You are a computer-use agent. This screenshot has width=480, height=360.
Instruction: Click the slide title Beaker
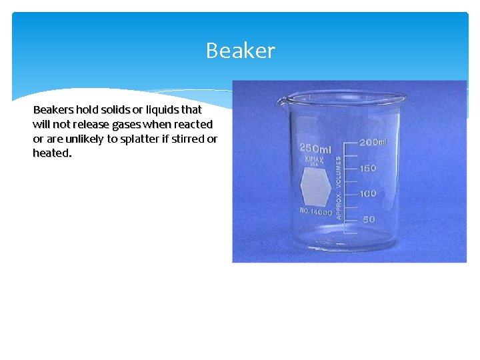(x=240, y=51)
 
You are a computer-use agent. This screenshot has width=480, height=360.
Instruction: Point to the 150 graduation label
(x=368, y=168)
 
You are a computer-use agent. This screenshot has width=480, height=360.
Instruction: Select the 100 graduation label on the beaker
(x=368, y=193)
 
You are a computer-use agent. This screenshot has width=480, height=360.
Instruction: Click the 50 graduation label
(x=369, y=219)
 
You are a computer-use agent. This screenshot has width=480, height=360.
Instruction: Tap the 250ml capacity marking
(x=315, y=148)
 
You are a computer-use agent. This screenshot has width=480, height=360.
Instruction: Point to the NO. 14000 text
(x=315, y=212)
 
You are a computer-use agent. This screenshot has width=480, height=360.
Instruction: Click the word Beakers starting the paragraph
(x=53, y=109)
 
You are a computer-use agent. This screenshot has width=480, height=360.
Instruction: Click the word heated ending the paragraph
(x=51, y=153)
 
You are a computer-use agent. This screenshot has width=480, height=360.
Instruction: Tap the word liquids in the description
(x=157, y=109)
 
